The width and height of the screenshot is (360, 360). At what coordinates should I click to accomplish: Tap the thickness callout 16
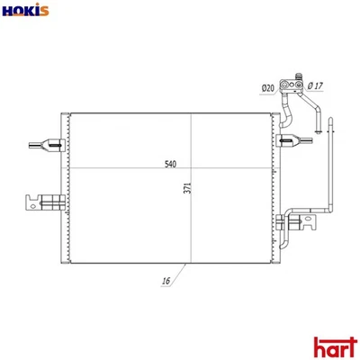pos(166,282)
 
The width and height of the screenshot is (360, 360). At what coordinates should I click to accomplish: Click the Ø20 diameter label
pos(267,87)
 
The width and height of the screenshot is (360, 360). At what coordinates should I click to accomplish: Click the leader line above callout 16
pos(178,271)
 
